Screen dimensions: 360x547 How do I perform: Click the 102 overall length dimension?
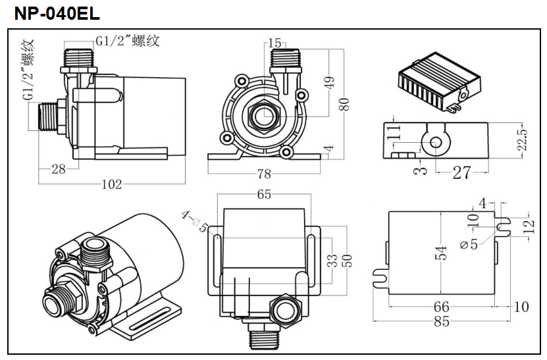pyautogui.click(x=111, y=184)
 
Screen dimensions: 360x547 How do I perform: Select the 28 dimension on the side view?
pyautogui.click(x=58, y=169)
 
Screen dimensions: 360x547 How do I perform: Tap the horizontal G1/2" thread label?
pyautogui.click(x=128, y=41)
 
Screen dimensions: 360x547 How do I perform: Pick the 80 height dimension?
pyautogui.click(x=343, y=103)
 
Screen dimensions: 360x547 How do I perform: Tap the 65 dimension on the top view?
pyautogui.click(x=265, y=195)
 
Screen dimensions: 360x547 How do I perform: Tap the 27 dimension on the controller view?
pyautogui.click(x=462, y=172)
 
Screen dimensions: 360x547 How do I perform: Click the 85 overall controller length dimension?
pyautogui.click(x=441, y=322)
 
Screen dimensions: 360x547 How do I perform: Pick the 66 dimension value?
pyautogui.click(x=441, y=307)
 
